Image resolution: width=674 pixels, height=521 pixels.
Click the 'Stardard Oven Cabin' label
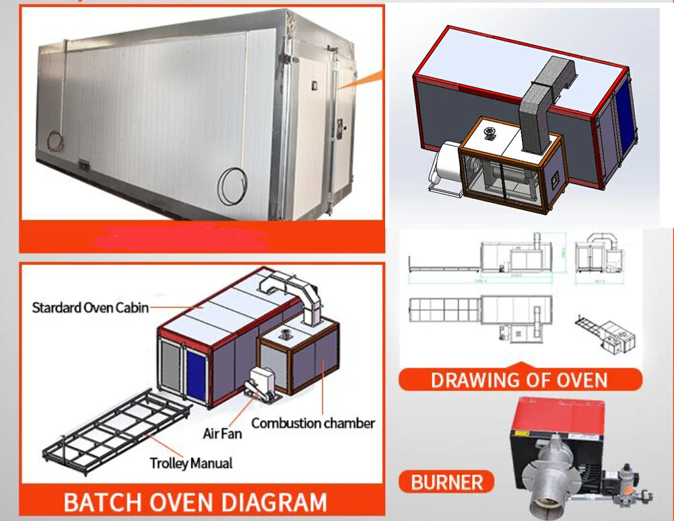(90, 308)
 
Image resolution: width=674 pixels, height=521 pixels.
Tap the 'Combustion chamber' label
(313, 423)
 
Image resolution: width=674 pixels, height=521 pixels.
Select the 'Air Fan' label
(222, 434)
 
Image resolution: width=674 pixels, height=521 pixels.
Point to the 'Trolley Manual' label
(191, 463)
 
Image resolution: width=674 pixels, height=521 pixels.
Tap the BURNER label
(446, 482)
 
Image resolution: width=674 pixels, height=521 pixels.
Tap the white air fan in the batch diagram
(259, 382)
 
